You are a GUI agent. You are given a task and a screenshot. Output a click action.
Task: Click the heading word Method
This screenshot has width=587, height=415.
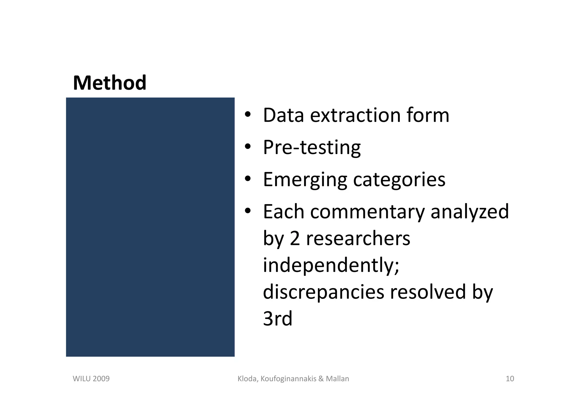tap(109, 83)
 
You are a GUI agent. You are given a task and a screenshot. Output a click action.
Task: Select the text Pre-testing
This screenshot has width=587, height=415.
tap(312, 147)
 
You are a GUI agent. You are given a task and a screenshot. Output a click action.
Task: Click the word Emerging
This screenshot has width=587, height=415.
tap(305, 180)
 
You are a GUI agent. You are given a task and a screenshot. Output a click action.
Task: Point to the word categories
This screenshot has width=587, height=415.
tap(399, 180)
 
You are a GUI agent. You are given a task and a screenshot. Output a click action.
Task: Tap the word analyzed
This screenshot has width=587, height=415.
tap(469, 212)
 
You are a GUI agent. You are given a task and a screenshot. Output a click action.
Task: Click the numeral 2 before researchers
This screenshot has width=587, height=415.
tap(295, 239)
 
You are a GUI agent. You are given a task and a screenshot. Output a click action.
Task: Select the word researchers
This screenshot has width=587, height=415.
tap(358, 239)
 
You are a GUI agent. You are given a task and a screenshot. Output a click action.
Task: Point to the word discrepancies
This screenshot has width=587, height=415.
tap(323, 292)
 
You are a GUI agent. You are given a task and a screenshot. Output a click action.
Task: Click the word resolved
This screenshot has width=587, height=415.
tap(428, 292)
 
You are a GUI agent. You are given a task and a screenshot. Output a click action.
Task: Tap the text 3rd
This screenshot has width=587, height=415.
tap(277, 319)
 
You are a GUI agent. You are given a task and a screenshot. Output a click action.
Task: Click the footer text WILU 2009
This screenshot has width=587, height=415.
tap(91, 379)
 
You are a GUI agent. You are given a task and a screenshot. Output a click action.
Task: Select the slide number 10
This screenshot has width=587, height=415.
tap(510, 379)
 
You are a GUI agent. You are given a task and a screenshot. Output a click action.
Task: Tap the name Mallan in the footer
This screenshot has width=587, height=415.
tap(337, 379)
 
